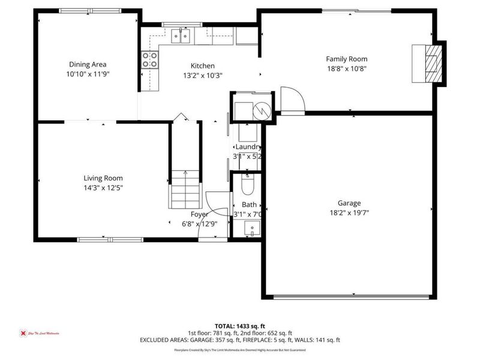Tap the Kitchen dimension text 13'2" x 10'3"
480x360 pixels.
tap(202, 76)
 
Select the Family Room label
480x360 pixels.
tap(346, 59)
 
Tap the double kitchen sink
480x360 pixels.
tap(181, 37)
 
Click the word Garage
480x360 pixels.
tap(349, 203)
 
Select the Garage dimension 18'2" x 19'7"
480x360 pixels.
tap(349, 212)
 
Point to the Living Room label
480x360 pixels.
tap(103, 178)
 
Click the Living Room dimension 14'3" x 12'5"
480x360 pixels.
tap(103, 187)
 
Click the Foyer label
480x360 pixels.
tap(199, 214)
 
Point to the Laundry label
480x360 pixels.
tap(248, 147)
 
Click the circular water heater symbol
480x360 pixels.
tap(262, 110)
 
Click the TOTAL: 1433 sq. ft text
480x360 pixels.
tap(240, 326)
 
